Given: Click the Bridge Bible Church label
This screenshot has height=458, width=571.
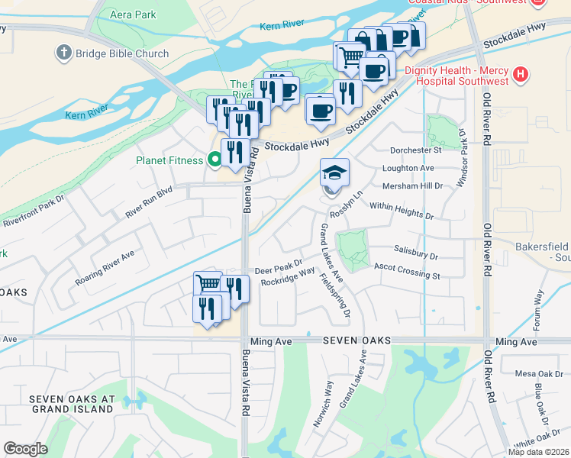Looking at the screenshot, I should click(x=121, y=53).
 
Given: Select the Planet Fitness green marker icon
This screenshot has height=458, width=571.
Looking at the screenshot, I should click(x=215, y=160).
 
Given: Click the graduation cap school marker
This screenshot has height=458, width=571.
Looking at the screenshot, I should click(x=334, y=173).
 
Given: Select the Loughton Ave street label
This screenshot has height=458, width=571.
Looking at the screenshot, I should click(x=408, y=168).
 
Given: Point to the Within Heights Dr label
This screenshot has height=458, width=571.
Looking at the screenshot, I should click(x=401, y=211).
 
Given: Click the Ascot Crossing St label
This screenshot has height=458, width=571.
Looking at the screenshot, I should click(x=407, y=270).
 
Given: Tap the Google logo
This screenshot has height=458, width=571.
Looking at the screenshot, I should click(x=25, y=448).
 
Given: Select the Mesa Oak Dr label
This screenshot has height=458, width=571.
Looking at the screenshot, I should click(x=533, y=374).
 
